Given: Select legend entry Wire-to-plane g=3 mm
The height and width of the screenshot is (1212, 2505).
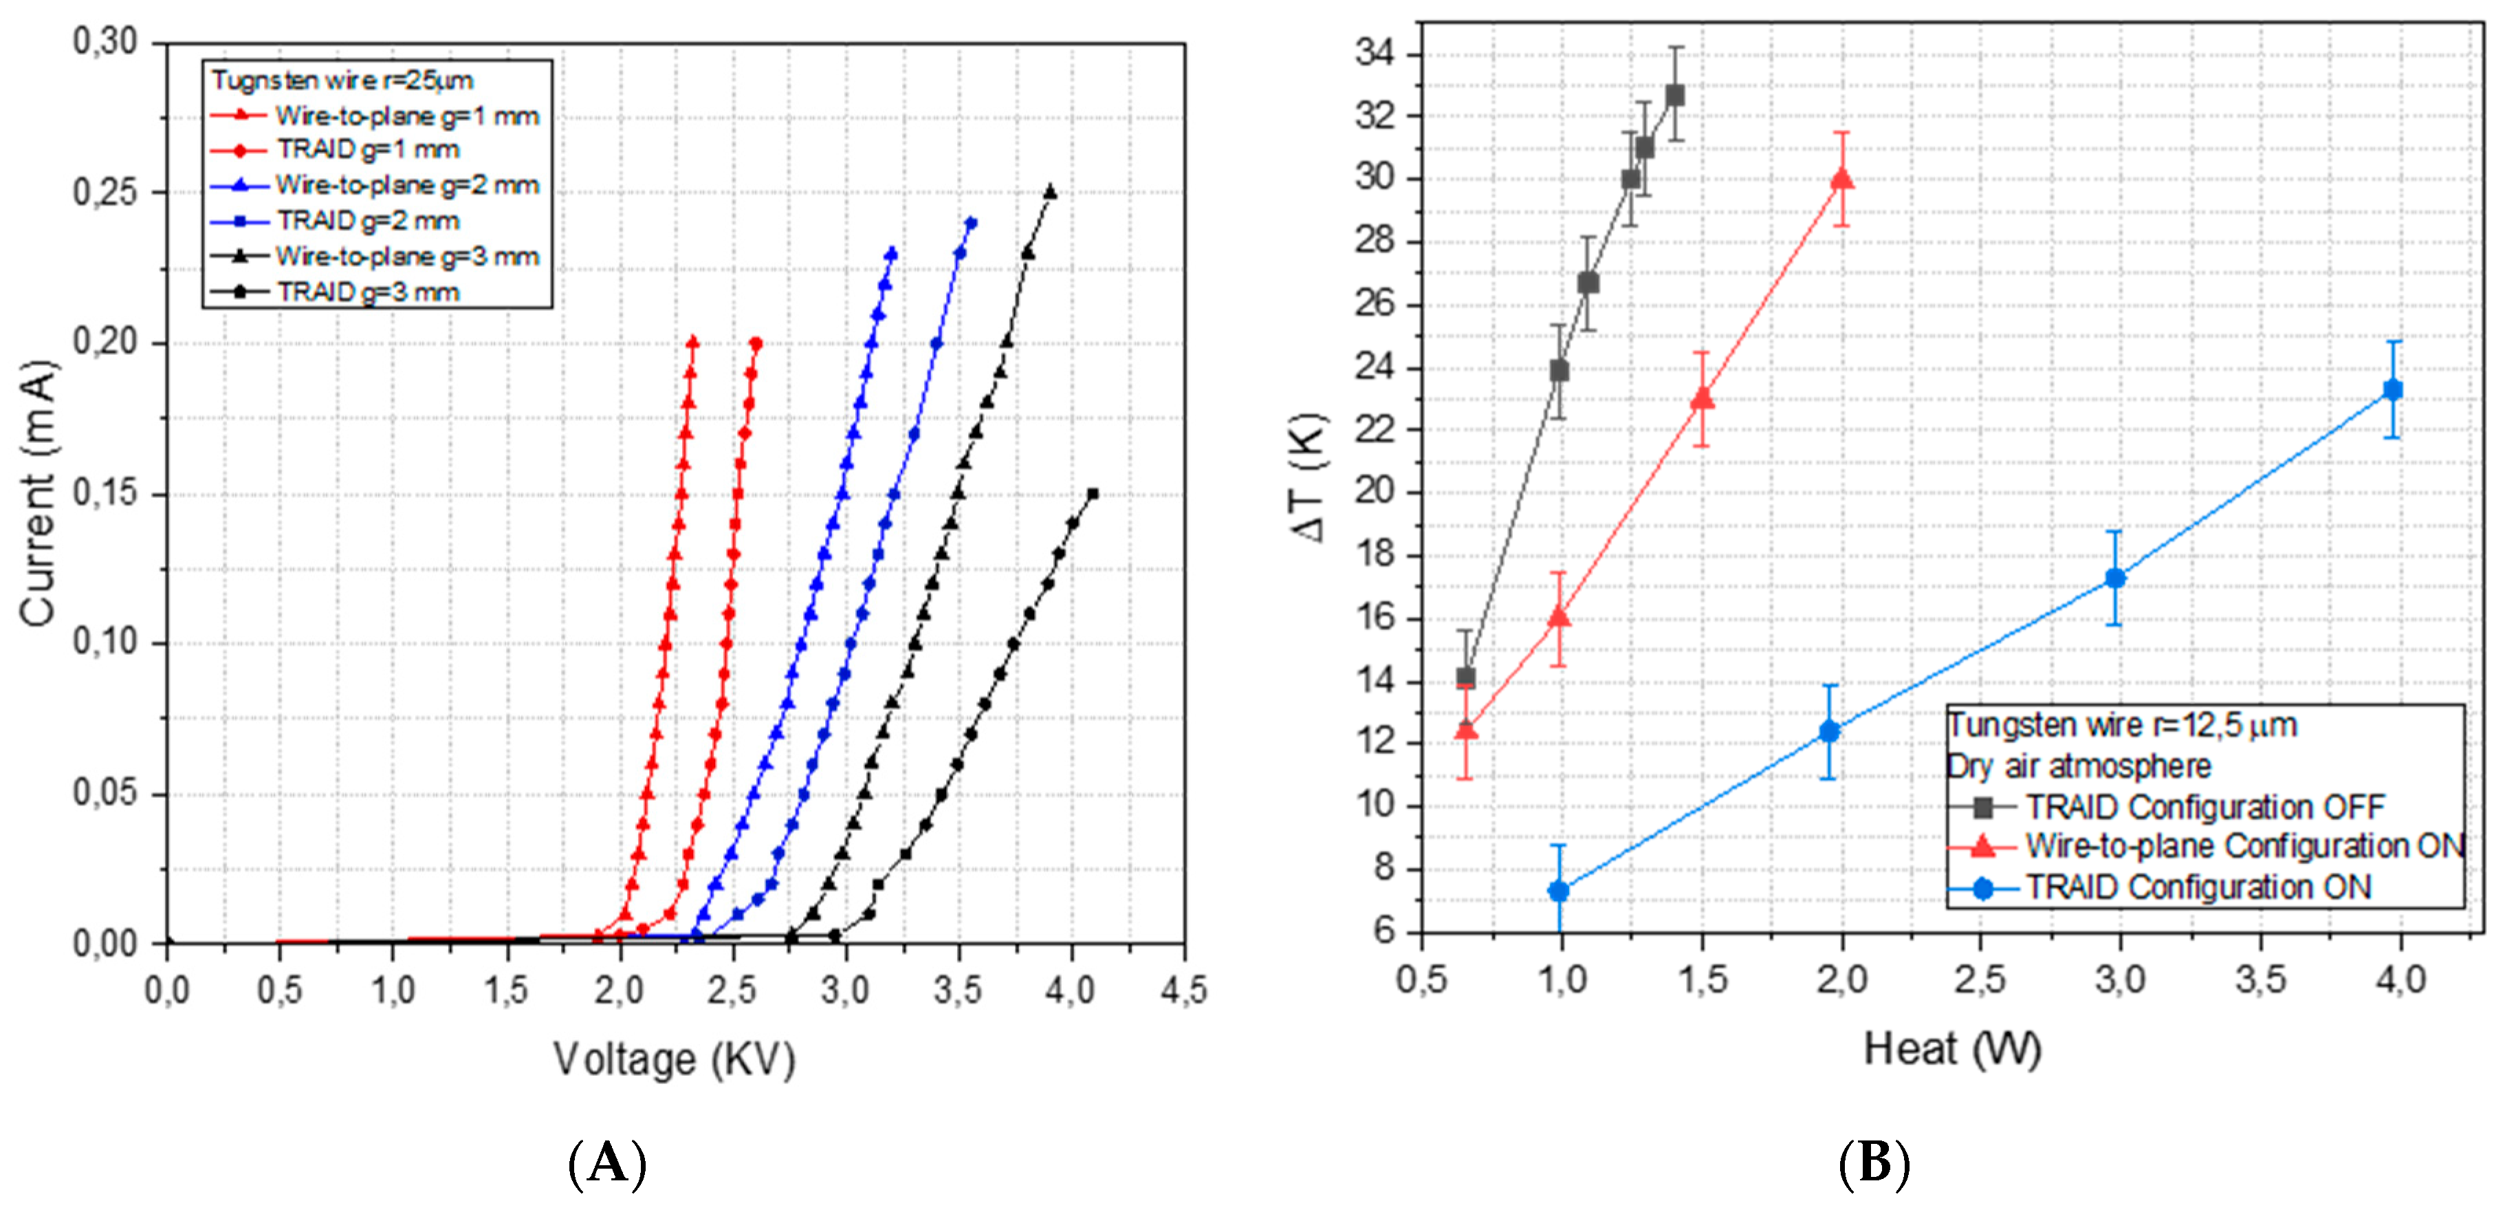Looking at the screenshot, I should click(406, 257).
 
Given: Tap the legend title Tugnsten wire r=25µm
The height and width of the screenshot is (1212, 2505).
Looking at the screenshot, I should click(342, 80).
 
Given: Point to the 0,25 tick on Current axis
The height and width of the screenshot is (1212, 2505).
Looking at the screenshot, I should click(107, 193).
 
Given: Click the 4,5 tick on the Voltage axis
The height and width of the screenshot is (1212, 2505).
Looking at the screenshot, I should click(1183, 991).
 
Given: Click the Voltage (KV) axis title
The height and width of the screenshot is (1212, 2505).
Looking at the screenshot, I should click(674, 1059).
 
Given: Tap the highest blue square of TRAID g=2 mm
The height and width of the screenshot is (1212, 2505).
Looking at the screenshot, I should click(970, 224).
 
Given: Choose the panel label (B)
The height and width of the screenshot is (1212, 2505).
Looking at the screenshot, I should click(1874, 1162).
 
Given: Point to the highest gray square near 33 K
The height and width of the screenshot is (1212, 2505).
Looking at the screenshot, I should click(1674, 96).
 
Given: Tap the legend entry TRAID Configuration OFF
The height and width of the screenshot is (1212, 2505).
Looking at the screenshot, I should click(2205, 806).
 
